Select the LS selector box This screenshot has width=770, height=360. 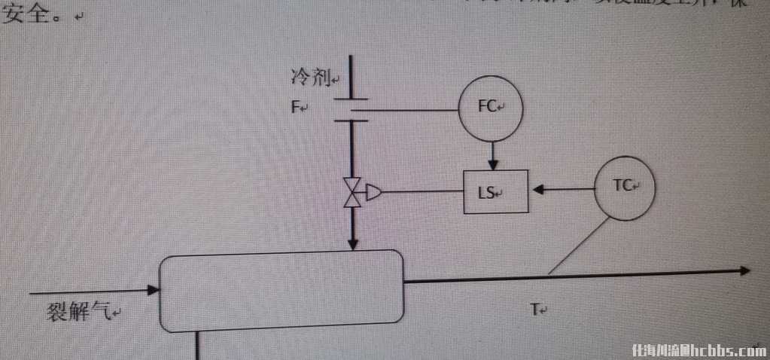coord(495,192)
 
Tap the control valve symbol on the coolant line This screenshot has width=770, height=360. coord(352,193)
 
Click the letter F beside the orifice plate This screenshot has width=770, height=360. coord(296,108)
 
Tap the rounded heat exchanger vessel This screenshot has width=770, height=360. coord(282,291)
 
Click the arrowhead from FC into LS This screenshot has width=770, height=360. coord(492,164)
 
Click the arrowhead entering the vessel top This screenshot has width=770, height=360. coord(352,245)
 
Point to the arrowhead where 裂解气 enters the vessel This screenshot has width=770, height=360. coord(154,290)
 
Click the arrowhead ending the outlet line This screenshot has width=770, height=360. coord(744,271)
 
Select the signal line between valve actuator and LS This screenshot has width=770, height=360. coord(422,193)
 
